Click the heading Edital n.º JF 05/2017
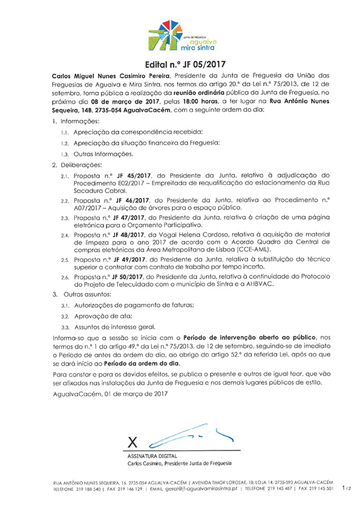coord(180,63)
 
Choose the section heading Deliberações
coord(80,165)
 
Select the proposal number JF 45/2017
coord(123,175)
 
